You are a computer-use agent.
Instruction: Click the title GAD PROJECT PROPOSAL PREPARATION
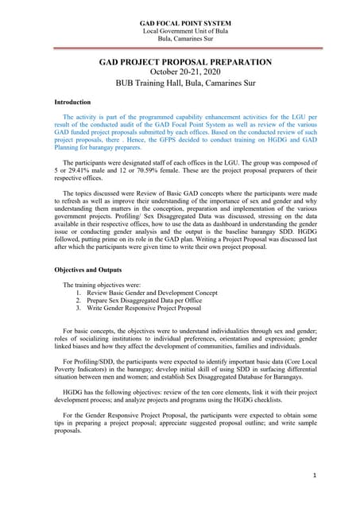[185, 62]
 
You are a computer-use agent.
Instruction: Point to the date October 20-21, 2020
[185, 72]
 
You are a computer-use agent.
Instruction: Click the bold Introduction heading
[72, 103]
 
